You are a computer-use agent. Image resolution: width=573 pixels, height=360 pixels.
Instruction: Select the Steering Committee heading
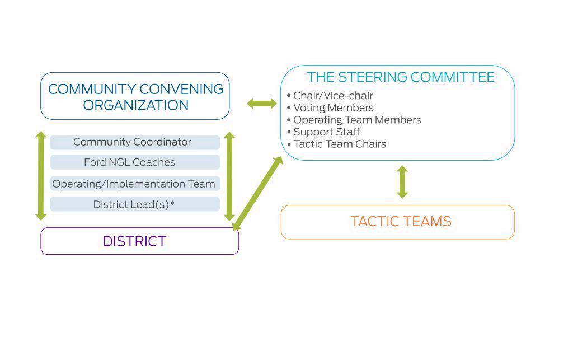401,77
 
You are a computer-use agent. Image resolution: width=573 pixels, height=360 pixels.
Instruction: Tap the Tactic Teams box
401,222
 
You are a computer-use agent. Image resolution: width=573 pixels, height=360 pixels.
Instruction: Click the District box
134,241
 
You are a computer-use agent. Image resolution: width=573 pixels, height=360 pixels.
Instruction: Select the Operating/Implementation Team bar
134,184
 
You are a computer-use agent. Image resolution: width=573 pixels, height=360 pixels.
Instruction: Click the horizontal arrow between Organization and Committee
262,104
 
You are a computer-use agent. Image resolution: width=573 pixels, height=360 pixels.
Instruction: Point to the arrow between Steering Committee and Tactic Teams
402,182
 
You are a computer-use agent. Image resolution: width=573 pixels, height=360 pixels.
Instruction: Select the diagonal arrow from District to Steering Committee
257,193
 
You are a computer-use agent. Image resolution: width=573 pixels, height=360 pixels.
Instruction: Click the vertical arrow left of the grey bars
41,175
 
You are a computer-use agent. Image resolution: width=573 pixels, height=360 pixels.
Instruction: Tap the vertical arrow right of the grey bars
229,176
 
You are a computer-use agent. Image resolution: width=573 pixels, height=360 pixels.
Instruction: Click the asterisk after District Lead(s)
172,203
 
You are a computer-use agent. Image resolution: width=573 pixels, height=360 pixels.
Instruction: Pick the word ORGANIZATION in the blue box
136,105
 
